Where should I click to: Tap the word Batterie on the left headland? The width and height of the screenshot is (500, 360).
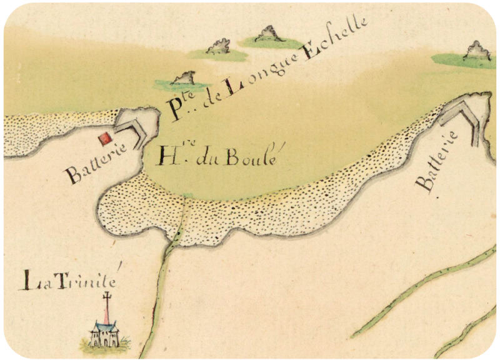pyautogui.click(x=95, y=161)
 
